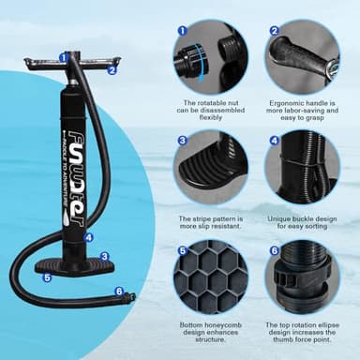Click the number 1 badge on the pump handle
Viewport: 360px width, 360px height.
(63, 57)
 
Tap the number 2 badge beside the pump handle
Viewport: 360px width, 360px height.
(112, 69)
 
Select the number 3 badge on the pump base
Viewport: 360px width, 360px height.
(104, 256)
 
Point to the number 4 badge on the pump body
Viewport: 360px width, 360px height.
(88, 237)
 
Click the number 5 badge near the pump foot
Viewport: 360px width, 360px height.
(47, 277)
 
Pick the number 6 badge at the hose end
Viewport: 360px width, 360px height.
(118, 291)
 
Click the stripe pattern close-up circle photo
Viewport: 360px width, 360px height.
(210, 171)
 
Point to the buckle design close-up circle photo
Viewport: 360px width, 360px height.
(302, 171)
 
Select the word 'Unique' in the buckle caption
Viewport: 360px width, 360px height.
(281, 218)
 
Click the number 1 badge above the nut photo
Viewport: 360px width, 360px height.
(183, 30)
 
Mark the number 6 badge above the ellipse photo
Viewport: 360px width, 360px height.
(275, 251)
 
